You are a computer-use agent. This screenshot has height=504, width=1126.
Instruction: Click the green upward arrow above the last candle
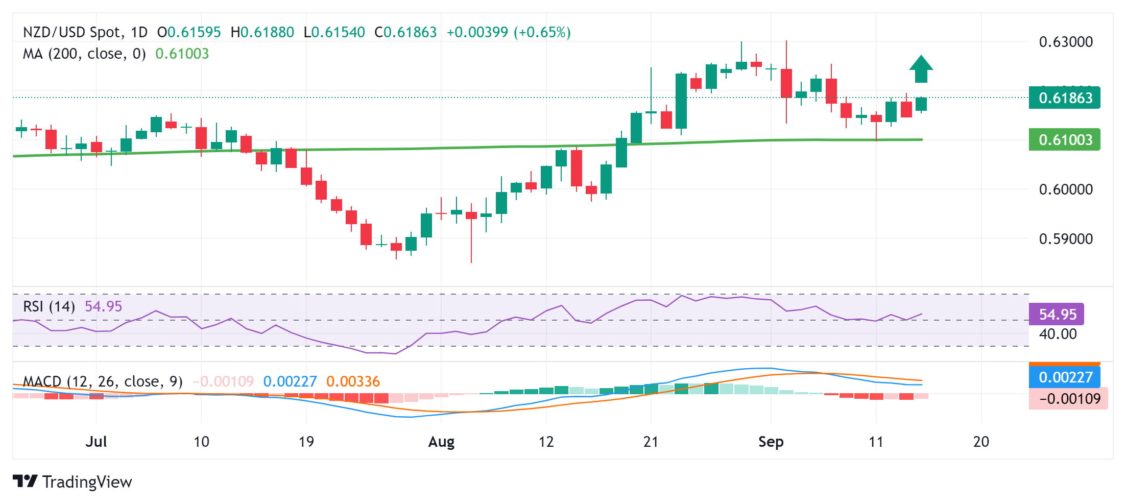(921, 69)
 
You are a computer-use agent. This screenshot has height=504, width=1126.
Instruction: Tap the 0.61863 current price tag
(1065, 98)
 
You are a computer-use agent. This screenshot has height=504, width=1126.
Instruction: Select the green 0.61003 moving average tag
(1065, 139)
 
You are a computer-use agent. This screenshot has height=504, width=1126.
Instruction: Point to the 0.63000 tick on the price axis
(1066, 42)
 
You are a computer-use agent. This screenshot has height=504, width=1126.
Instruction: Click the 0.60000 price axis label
(1066, 189)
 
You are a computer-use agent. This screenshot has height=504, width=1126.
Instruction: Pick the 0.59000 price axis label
(1066, 239)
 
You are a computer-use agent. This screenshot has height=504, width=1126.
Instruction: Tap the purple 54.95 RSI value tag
(1057, 314)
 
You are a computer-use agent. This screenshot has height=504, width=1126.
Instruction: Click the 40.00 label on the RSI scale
(1058, 334)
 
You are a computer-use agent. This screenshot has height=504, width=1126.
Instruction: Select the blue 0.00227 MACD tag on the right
(1065, 377)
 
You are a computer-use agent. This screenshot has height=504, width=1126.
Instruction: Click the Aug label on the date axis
(441, 442)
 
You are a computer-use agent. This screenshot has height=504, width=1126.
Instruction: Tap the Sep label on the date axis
(771, 442)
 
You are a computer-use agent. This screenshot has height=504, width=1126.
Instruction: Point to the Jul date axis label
(96, 442)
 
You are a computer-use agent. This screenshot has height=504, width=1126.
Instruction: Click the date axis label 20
(981, 442)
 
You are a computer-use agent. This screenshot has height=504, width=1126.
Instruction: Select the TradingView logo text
(87, 482)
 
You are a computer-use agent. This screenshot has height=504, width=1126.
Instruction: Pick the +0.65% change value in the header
(542, 33)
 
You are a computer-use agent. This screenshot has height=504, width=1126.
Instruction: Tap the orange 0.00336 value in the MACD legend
(353, 381)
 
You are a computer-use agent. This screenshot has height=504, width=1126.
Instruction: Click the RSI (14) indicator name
(49, 306)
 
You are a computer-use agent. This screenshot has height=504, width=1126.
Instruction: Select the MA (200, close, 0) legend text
(84, 54)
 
